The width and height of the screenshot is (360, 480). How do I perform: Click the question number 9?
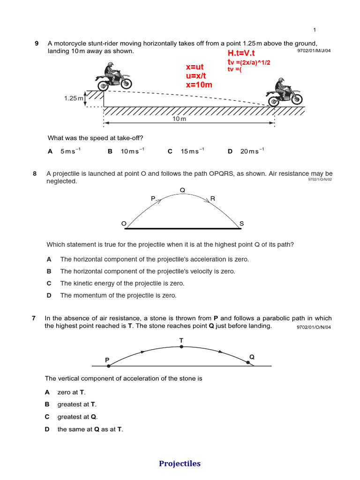[37, 44]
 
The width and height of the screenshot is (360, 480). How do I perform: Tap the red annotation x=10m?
[199, 85]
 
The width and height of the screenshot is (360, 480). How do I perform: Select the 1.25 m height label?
[74, 98]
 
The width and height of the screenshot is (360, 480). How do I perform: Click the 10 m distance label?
[180, 119]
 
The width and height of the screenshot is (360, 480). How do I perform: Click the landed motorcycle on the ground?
[285, 92]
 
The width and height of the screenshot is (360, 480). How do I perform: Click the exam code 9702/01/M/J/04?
[314, 51]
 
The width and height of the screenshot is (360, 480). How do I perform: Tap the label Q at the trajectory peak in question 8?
[182, 190]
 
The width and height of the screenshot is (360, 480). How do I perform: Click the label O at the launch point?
[124, 224]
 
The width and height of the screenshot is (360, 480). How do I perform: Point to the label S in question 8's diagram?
[241, 224]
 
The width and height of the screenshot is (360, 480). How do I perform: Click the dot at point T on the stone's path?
[181, 347]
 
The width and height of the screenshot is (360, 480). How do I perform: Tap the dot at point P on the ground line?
[108, 366]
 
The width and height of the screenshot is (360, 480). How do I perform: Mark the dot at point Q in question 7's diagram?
[248, 362]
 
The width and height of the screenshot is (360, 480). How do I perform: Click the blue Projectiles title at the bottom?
[180, 464]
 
